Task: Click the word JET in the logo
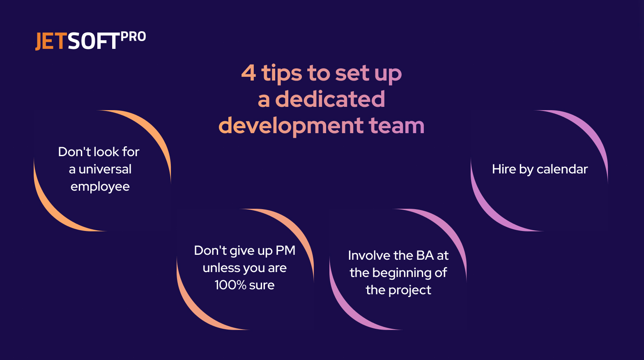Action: coord(51,42)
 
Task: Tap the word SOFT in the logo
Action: coord(93,42)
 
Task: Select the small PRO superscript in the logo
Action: coord(133,37)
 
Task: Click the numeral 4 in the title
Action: coord(248,73)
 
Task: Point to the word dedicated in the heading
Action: coord(330,99)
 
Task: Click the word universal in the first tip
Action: coord(105,169)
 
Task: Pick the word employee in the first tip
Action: coord(100,187)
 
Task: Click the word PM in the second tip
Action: coord(285,250)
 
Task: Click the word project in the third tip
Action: coord(409,290)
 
